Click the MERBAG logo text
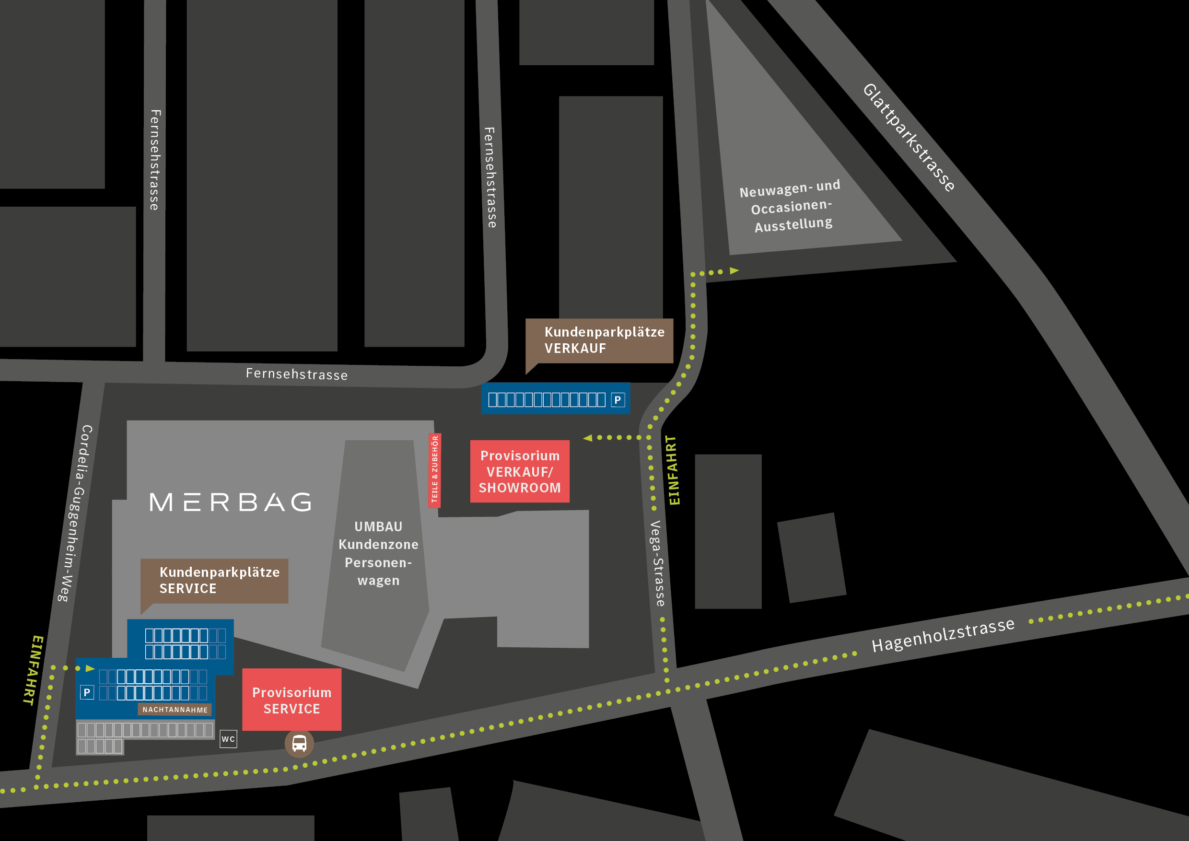pyautogui.click(x=231, y=502)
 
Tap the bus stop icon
pyautogui.click(x=299, y=744)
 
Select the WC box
pyautogui.click(x=228, y=739)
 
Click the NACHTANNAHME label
pyautogui.click(x=175, y=710)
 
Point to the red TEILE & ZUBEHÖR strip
pyautogui.click(x=435, y=470)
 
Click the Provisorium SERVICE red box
pyautogui.click(x=291, y=700)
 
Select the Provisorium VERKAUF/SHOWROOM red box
pyautogui.click(x=519, y=471)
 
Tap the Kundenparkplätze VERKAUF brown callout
pyautogui.click(x=599, y=341)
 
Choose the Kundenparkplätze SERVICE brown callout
pyautogui.click(x=214, y=581)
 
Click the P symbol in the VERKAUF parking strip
pyautogui.click(x=618, y=400)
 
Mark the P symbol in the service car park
pyautogui.click(x=87, y=692)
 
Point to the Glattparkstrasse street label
pyautogui.click(x=909, y=138)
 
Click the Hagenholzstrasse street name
pyautogui.click(x=943, y=635)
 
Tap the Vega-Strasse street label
pyautogui.click(x=657, y=563)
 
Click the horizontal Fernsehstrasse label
pyautogui.click(x=296, y=374)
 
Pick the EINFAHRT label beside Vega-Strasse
pyautogui.click(x=673, y=470)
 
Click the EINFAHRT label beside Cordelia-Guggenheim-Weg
pyautogui.click(x=33, y=670)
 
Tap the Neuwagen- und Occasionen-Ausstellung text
pyautogui.click(x=791, y=206)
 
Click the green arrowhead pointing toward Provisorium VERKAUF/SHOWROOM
pyautogui.click(x=587, y=438)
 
